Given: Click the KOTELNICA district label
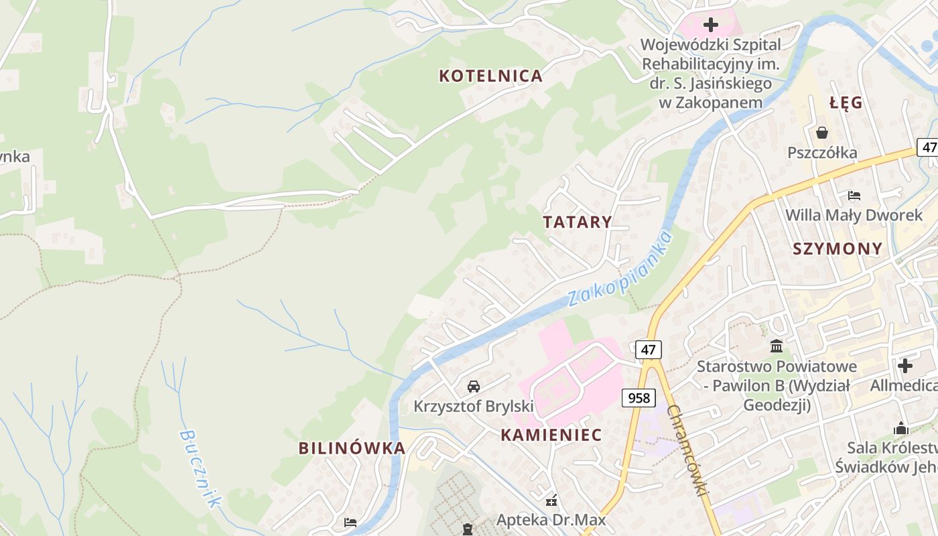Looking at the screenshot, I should [490, 76].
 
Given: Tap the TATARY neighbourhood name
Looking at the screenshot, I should [577, 222].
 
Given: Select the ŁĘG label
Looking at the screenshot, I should [846, 103].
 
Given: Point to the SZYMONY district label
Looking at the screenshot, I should [837, 249].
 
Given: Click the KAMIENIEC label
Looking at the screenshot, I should [551, 435].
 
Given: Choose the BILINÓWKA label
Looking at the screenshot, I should [352, 448].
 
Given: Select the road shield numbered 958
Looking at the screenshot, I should [639, 398].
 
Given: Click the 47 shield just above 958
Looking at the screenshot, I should [647, 349].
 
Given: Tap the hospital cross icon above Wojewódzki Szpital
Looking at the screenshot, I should [710, 25].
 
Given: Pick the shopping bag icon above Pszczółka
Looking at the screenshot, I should [822, 133].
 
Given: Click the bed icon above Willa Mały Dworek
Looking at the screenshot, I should [854, 196].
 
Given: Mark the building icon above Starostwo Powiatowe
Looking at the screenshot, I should [777, 346].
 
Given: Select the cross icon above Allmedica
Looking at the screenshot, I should [905, 366].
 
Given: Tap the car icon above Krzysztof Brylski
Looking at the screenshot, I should [474, 386].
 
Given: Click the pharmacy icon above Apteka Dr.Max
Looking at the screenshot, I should [551, 500].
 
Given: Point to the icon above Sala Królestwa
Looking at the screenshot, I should [901, 428].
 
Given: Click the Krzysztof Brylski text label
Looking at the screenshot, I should [474, 406].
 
